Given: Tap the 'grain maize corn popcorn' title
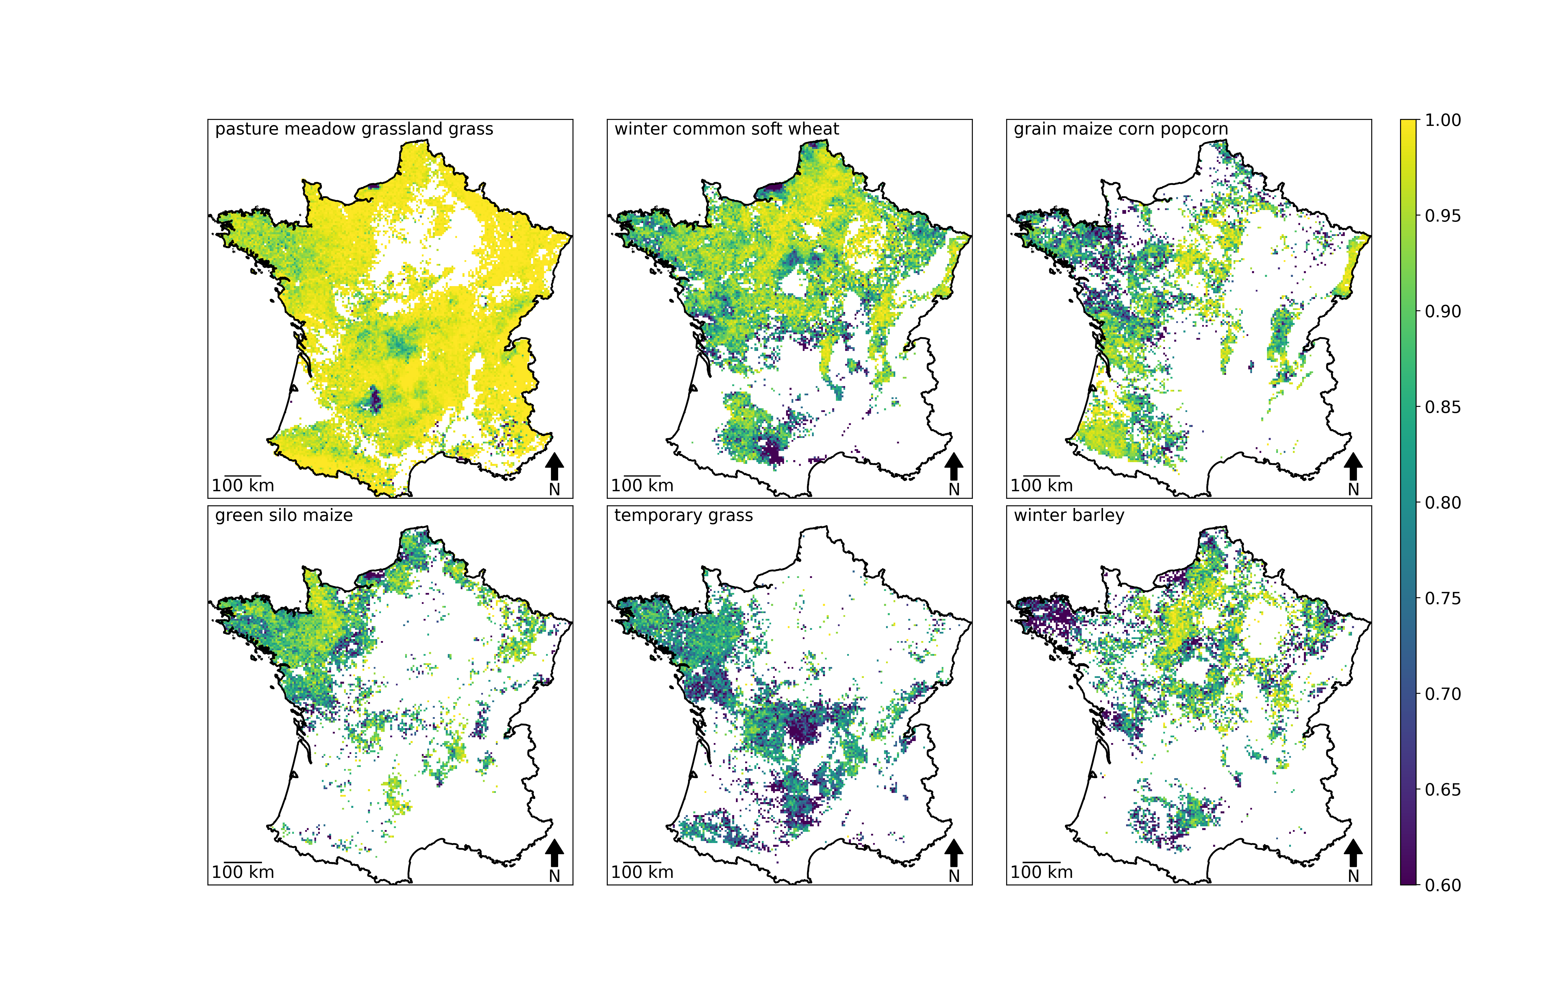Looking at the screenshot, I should (1121, 129).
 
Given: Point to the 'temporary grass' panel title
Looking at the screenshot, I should (684, 516).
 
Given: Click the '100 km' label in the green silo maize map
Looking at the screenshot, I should (243, 872).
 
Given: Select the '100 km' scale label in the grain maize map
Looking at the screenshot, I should (1042, 486).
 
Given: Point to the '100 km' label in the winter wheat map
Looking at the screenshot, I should (642, 486).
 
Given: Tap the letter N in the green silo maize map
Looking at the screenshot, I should (554, 876).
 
